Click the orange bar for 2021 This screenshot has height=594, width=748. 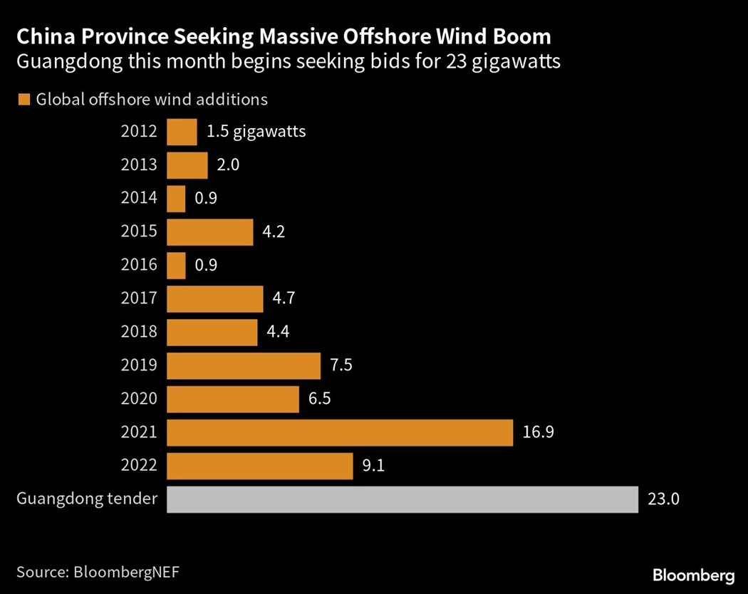pos(339,432)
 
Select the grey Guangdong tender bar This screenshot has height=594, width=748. pos(402,499)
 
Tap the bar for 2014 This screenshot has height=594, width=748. pos(176,199)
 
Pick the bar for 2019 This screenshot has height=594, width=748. pos(243,366)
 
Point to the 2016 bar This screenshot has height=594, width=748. pos(176,266)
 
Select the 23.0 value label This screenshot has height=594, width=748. pos(664,499)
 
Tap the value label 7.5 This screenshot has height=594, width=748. pos(341,366)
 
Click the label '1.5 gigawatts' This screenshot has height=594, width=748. pos(256,132)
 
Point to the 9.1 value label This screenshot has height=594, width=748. pos(374,466)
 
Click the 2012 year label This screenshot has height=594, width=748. pos(140,132)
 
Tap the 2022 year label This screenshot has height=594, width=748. pos(140,466)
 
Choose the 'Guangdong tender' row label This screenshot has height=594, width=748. pos(86,499)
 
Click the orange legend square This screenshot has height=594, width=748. pos(24,100)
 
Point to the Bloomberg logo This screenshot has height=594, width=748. pos(693,574)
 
